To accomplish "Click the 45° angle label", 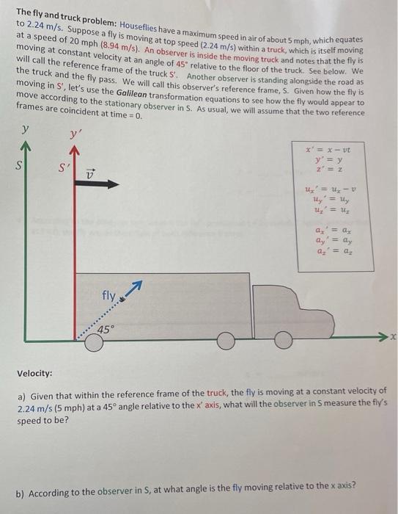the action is (x=106, y=330).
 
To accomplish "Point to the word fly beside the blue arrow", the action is (x=109, y=297).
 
